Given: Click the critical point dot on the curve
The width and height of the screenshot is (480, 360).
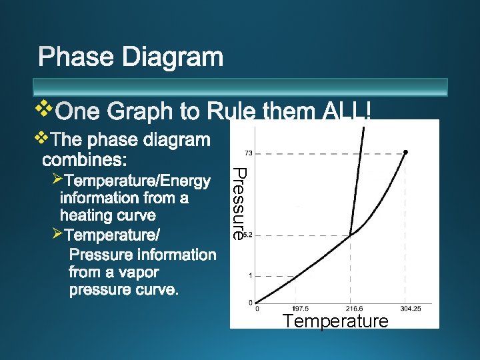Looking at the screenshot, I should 406,152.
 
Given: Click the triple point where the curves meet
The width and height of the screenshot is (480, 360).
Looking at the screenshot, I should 351,234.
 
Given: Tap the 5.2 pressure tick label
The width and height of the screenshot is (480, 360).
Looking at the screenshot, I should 248,235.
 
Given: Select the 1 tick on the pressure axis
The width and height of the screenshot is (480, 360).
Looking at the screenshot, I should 250,275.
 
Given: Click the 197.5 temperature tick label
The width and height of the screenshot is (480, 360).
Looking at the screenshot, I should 300,309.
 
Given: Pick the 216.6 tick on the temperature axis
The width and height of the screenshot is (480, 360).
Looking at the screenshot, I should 353,309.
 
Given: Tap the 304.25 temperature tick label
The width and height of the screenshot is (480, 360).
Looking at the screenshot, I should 411,309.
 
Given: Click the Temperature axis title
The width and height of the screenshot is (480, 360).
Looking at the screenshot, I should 335,321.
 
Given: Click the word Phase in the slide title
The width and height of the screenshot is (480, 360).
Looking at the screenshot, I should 77,57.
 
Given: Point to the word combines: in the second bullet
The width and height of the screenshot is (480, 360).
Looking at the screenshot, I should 87,160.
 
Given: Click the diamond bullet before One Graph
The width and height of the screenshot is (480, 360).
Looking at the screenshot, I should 43,107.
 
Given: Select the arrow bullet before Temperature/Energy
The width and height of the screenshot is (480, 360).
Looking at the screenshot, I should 56,179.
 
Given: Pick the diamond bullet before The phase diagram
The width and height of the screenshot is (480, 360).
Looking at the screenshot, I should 42,138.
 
